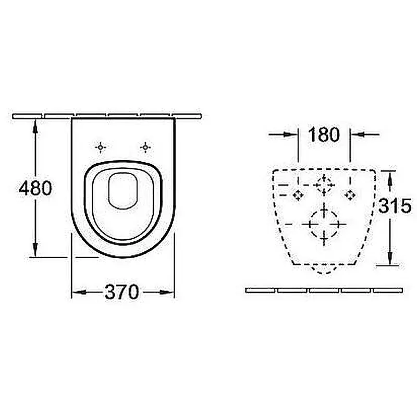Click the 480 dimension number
point(35,188)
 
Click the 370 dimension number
point(122,292)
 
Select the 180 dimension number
point(324,134)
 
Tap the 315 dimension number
point(395,205)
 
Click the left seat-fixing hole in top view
point(100,147)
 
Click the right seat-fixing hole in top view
point(145,147)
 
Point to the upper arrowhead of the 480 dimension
point(35,127)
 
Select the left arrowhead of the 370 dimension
point(79,292)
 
